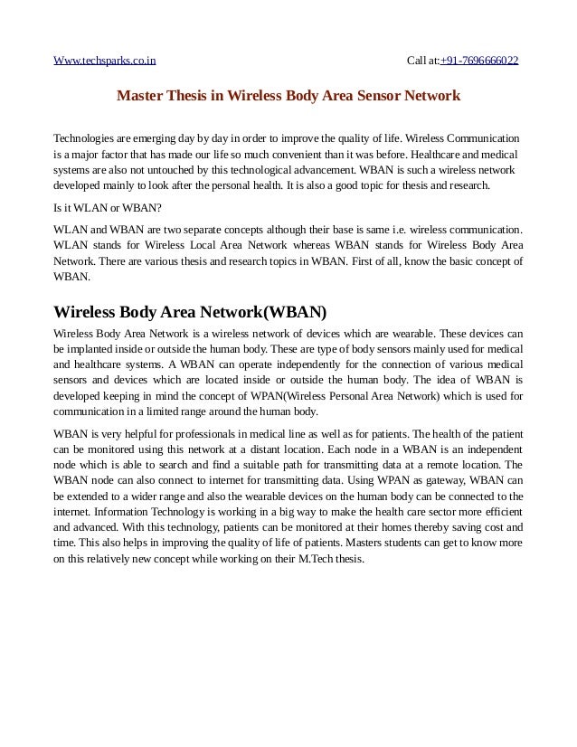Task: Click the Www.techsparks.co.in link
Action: [105, 61]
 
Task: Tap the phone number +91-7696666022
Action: [479, 61]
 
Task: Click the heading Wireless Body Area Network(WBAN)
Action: [190, 313]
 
